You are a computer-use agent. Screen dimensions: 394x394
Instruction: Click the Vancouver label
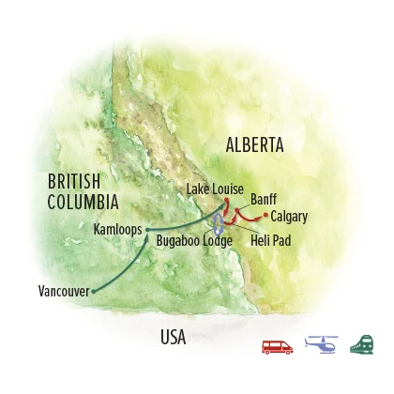(x=64, y=291)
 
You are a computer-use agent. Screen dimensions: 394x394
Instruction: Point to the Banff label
(x=264, y=200)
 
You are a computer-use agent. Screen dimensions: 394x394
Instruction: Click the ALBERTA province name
(x=254, y=144)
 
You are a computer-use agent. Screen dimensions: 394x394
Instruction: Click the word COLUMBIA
(x=82, y=202)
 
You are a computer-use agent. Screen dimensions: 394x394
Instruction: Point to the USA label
(x=174, y=335)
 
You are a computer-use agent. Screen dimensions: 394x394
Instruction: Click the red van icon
(x=278, y=346)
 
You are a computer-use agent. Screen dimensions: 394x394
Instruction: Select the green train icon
(x=360, y=345)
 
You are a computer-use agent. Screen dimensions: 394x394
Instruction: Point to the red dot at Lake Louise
(x=226, y=199)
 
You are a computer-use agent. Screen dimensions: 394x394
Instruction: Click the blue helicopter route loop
(x=219, y=223)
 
